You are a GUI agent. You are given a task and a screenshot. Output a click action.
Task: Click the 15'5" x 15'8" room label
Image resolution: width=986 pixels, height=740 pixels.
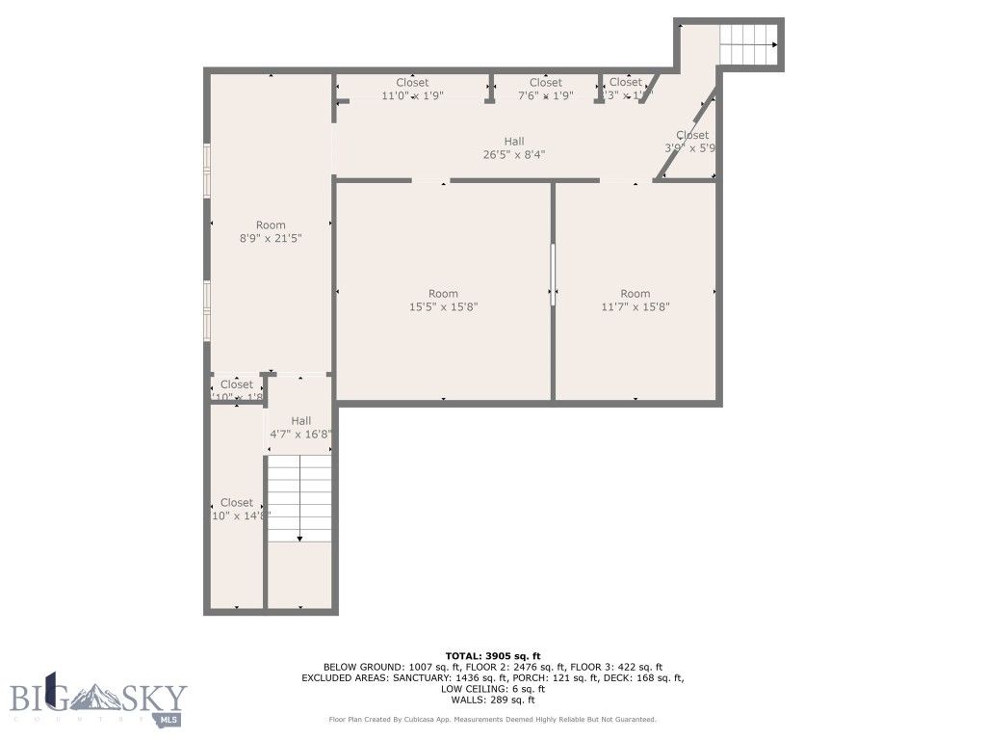(443, 301)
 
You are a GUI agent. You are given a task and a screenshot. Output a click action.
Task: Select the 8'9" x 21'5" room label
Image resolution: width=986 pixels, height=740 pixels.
(271, 231)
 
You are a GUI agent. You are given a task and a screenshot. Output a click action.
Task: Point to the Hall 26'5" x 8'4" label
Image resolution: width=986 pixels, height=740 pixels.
(514, 147)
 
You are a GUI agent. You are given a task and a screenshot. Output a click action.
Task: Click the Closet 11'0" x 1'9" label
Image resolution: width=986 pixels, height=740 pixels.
(412, 89)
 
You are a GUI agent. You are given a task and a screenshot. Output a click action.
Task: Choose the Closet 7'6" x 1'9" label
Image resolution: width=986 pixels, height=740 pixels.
(545, 89)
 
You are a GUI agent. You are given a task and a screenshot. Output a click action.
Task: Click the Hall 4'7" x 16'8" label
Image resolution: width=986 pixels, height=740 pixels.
(301, 427)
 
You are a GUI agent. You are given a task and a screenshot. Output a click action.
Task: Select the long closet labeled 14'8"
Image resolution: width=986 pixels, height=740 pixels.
(237, 509)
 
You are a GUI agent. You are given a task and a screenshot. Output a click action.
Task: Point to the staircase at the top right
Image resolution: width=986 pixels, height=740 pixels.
(748, 44)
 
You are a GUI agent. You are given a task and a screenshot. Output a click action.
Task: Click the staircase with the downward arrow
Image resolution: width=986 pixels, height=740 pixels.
(299, 498)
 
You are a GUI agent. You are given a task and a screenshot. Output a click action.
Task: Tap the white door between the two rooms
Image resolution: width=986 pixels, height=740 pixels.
(553, 275)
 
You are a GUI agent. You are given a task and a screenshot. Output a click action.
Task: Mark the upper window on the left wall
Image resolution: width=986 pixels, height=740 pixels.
(206, 172)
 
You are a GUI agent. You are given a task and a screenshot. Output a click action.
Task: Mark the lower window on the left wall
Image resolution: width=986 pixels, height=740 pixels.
(206, 310)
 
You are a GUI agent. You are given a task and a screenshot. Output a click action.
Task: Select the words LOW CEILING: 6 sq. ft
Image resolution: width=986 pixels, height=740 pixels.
(492, 689)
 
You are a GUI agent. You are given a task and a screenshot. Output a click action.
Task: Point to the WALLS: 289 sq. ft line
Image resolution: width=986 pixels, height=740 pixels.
(492, 700)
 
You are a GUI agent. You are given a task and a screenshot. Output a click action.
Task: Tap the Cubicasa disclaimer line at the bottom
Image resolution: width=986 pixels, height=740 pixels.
(492, 720)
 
